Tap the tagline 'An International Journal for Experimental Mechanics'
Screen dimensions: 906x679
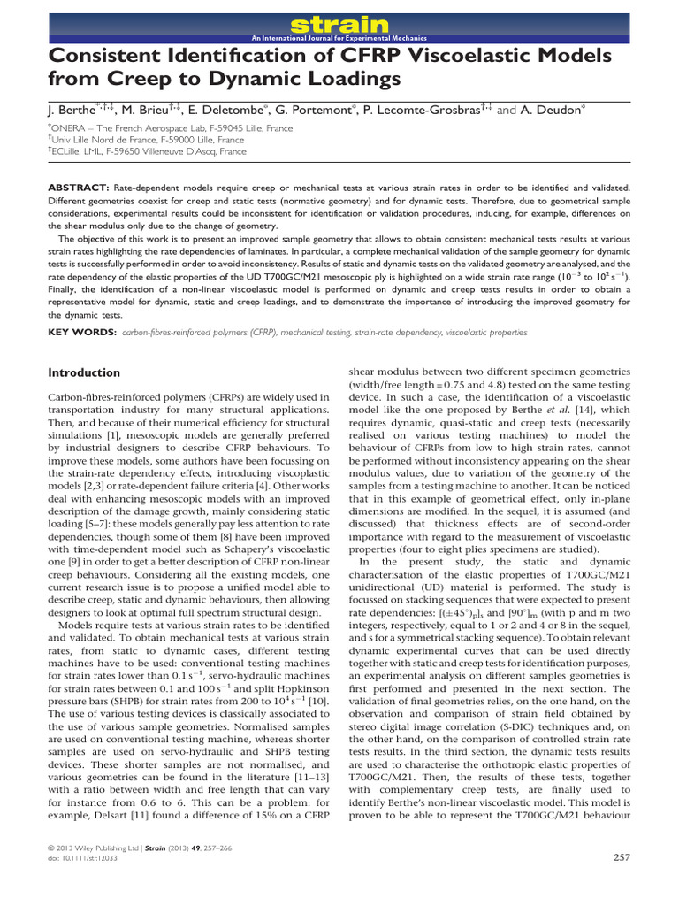[339, 39]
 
